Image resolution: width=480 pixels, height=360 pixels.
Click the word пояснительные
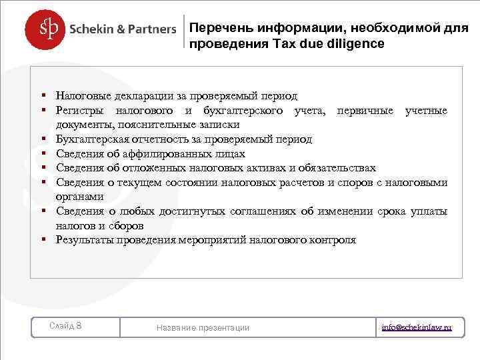click(148, 125)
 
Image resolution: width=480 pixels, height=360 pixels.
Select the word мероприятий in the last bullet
click(211, 240)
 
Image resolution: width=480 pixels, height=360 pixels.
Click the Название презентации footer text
click(203, 327)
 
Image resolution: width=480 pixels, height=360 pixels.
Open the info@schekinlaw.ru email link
click(417, 327)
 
